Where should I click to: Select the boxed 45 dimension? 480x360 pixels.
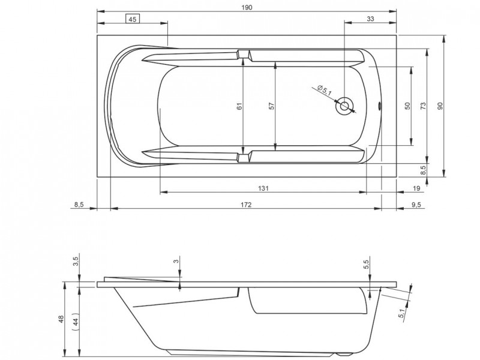[133, 19]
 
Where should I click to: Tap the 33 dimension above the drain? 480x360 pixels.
[370, 19]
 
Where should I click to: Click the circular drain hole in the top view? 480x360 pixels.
[344, 106]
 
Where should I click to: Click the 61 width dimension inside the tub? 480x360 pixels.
[239, 106]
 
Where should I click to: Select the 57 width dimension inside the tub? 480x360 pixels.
[271, 106]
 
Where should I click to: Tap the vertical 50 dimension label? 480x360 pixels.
[407, 106]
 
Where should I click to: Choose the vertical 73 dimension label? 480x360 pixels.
[423, 106]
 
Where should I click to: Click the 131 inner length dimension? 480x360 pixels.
[263, 188]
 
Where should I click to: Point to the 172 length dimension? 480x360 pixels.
[245, 205]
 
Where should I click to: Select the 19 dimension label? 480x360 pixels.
[416, 188]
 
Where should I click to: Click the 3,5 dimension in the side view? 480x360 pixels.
[75, 262]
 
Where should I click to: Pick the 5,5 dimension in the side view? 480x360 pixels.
[367, 263]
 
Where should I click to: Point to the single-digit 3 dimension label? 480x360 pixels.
[176, 262]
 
